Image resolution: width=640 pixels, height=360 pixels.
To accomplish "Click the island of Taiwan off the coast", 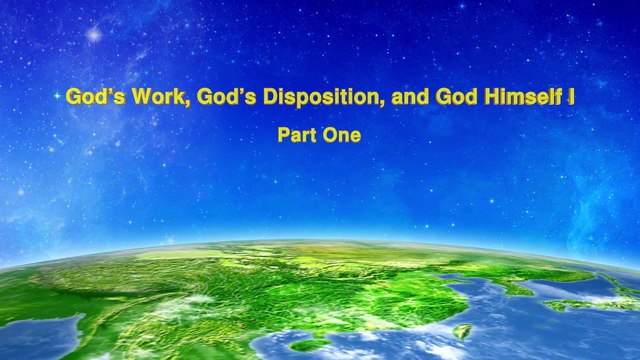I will point(462,331).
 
